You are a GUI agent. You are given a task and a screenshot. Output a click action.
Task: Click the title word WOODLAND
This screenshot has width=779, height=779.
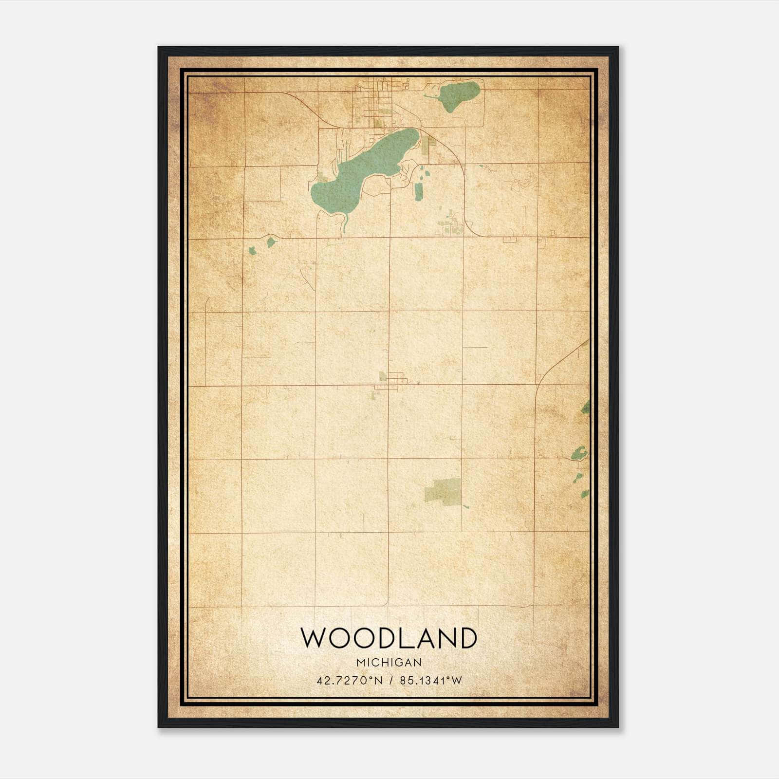point(389,638)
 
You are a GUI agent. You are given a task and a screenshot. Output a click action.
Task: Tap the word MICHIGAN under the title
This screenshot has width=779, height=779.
point(389,663)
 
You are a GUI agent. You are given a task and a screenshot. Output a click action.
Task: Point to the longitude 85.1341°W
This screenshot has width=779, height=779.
point(431,681)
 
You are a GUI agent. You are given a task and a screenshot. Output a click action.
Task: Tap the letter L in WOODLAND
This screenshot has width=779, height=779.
point(408,638)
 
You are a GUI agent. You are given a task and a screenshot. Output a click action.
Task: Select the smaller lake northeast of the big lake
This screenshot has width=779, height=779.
point(458,95)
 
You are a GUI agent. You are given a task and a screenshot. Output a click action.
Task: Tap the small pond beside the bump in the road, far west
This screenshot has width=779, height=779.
point(271,242)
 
